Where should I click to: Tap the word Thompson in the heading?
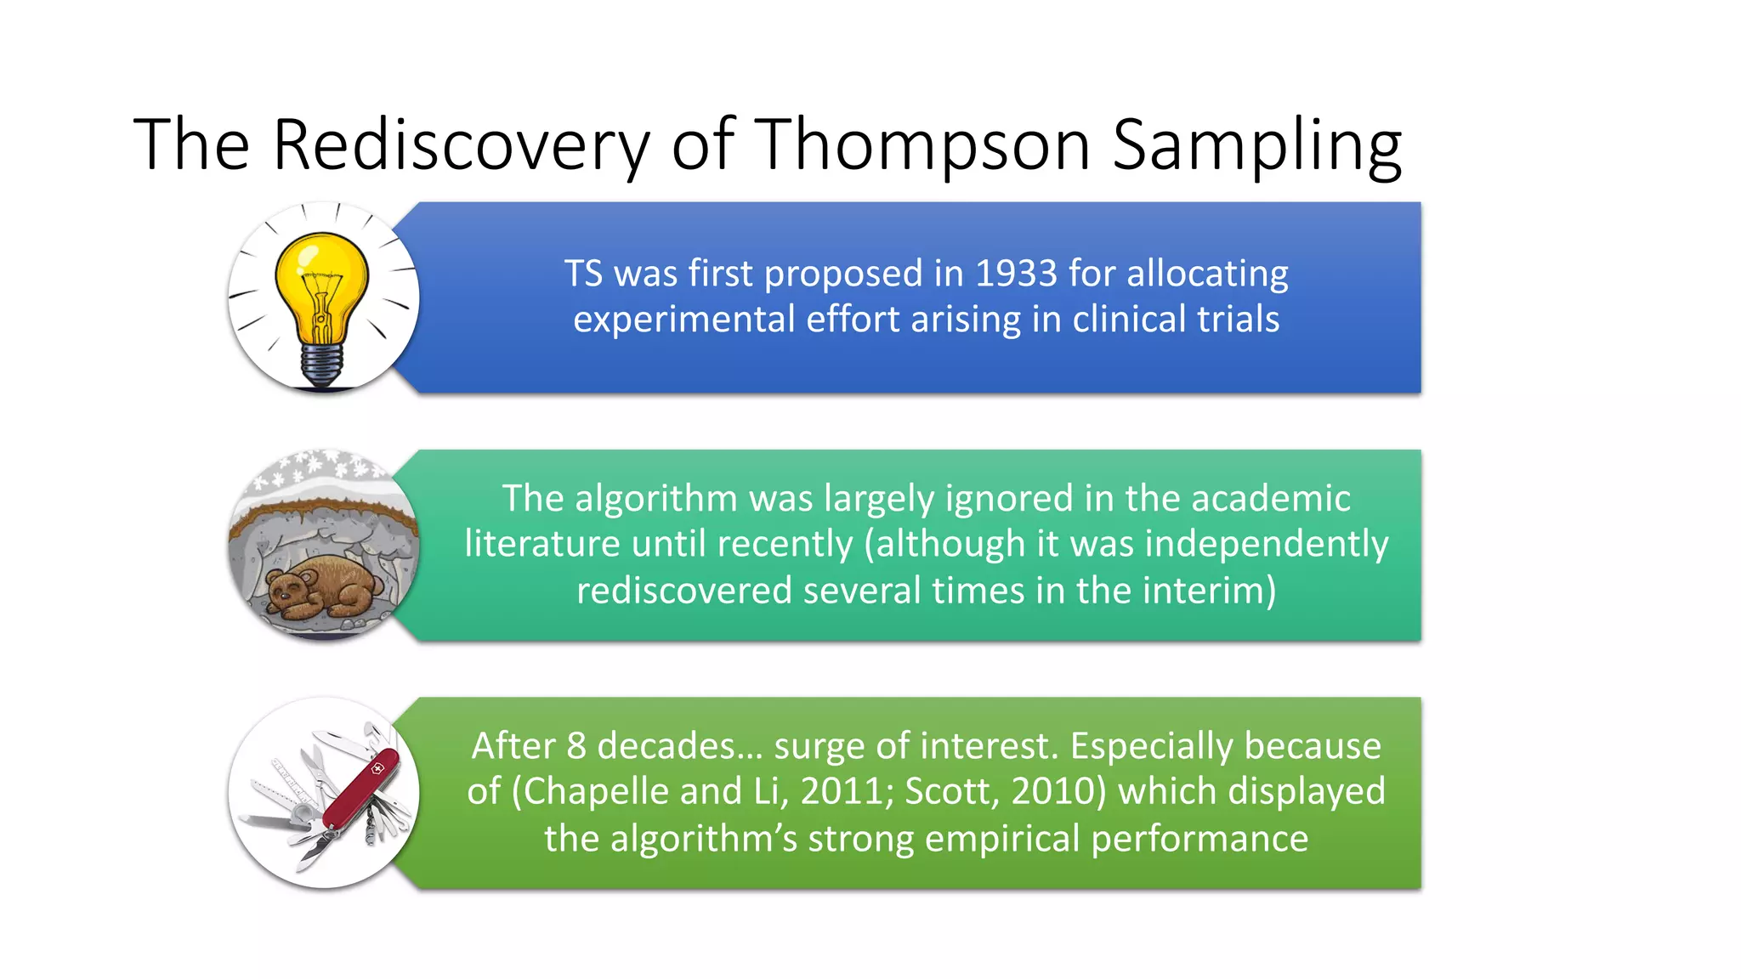[922, 144]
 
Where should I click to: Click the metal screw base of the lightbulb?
[322, 366]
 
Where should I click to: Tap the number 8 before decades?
[576, 746]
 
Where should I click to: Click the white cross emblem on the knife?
[377, 769]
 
